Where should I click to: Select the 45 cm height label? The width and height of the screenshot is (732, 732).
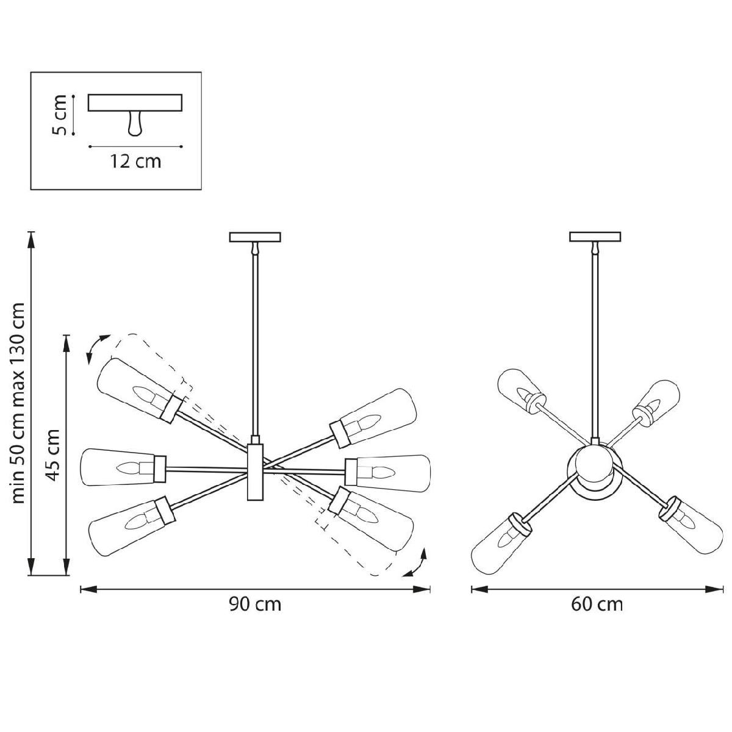coord(52,454)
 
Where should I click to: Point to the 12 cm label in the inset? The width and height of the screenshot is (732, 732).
coord(135,162)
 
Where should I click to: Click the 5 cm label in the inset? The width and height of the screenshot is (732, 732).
coord(59,115)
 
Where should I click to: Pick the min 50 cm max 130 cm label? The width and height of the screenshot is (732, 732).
coord(18,405)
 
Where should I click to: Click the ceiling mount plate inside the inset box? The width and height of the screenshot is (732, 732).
coord(135,102)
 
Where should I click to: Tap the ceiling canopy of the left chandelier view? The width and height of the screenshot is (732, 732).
coord(255,237)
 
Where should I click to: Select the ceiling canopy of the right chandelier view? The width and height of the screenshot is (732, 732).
coord(595,237)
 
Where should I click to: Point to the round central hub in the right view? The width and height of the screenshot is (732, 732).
coord(595,470)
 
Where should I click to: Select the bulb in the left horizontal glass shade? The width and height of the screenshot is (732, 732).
coord(128,468)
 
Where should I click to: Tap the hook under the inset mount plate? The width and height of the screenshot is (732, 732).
coord(135,123)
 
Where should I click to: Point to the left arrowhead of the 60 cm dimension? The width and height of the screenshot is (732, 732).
coord(479,589)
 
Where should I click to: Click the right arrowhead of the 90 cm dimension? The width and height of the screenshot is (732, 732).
coord(422,589)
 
